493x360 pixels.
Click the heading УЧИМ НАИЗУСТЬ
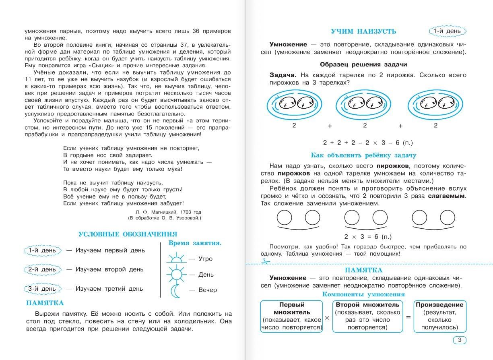tap(363, 31)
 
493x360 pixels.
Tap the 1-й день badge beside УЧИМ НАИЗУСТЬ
tap(448, 31)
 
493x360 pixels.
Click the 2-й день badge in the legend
tap(42, 269)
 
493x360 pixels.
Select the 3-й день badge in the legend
tap(42, 289)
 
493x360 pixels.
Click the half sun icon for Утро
tap(175, 258)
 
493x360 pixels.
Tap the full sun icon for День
tap(176, 274)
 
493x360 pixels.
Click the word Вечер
tap(207, 290)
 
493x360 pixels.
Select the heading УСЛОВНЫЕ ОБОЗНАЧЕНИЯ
tap(128, 234)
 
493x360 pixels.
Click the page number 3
tap(460, 340)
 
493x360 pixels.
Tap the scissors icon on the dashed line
tap(264, 262)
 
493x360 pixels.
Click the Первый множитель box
tap(292, 316)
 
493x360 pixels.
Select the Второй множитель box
tap(367, 316)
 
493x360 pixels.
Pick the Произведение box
tap(439, 316)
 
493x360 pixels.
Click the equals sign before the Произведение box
tap(408, 317)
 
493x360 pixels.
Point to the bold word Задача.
tap(284, 75)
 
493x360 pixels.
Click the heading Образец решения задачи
tap(363, 64)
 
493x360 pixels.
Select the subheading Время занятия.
tap(195, 243)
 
